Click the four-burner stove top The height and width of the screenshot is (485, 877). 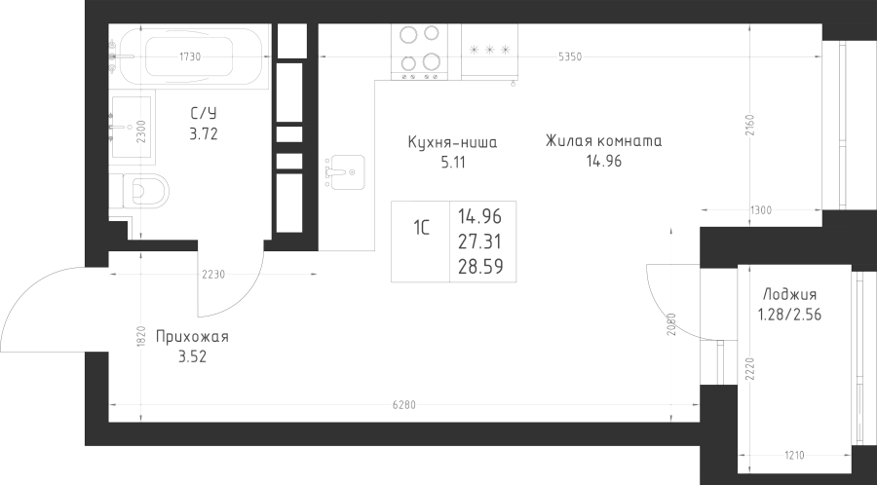tap(419, 50)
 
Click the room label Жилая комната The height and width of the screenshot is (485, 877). tap(604, 141)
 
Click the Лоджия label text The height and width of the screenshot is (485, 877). tap(789, 295)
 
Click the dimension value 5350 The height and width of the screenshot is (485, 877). tap(569, 57)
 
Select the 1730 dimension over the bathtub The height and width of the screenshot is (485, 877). tap(191, 56)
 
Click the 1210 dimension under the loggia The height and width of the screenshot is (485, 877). tap(795, 454)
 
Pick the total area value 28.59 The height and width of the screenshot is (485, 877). tap(479, 264)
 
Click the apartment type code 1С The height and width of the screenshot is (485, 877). tap(422, 230)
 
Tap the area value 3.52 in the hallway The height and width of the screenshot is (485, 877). tap(191, 356)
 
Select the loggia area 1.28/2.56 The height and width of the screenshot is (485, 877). tap(790, 314)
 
